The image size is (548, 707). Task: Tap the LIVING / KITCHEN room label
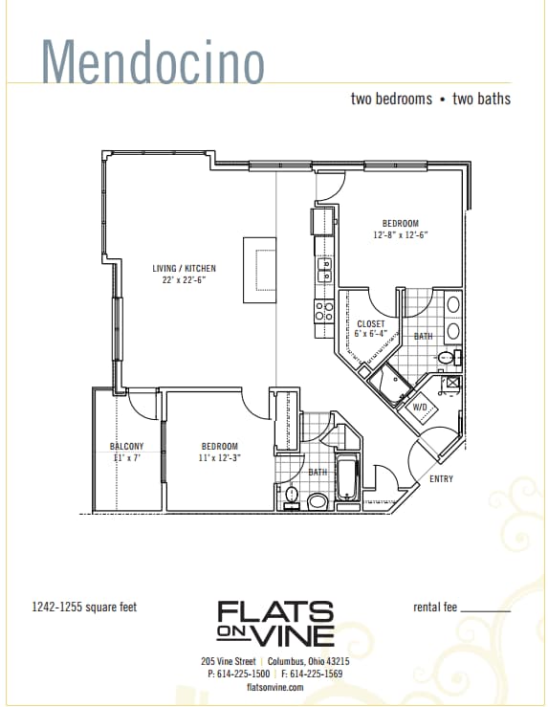pyautogui.click(x=184, y=269)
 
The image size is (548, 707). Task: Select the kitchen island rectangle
pyautogui.click(x=259, y=270)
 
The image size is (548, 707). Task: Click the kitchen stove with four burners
pyautogui.click(x=324, y=311)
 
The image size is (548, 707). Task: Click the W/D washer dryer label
pyautogui.click(x=420, y=407)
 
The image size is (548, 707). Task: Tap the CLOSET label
pyautogui.click(x=370, y=324)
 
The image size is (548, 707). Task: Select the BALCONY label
pyautogui.click(x=126, y=447)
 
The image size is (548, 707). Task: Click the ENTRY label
pyautogui.click(x=441, y=478)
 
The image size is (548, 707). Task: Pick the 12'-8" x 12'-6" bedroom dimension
pyautogui.click(x=401, y=234)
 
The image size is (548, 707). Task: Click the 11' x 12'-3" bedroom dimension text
pyautogui.click(x=219, y=458)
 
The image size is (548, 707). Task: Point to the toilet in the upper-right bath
pyautogui.click(x=447, y=358)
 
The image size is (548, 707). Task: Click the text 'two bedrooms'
pyautogui.click(x=391, y=99)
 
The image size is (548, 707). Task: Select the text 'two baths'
pyautogui.click(x=481, y=99)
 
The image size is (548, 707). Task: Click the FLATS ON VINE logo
pyautogui.click(x=275, y=623)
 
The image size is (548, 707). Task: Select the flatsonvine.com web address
pyautogui.click(x=274, y=687)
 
